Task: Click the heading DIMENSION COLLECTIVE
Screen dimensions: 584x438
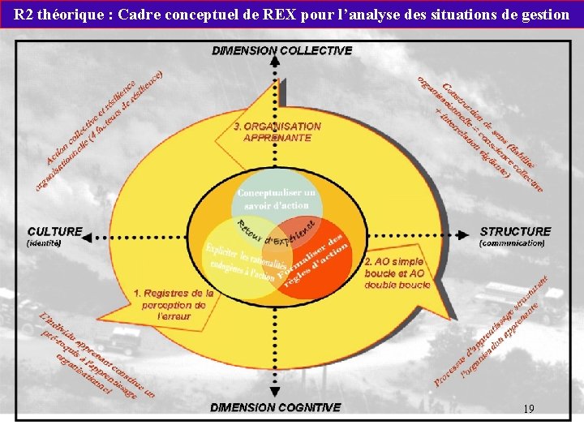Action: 282,50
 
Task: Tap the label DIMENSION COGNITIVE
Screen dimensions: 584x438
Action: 276,407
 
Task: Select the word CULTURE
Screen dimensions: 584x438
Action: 55,231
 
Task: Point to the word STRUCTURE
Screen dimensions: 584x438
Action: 515,231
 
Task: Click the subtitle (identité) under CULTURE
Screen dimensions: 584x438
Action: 45,243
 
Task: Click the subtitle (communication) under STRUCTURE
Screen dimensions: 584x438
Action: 513,243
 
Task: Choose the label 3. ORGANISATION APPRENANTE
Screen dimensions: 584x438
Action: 277,132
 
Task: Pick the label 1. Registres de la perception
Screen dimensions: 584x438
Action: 174,304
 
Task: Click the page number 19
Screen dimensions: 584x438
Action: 528,409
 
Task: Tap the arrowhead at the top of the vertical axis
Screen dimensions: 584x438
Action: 277,65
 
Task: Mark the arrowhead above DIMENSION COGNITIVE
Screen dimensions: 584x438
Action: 277,394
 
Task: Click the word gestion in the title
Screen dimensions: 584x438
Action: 546,15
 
